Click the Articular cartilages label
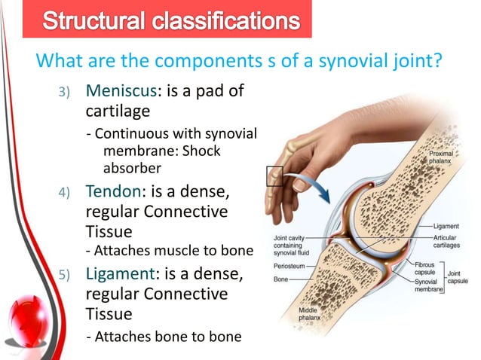click(452, 241)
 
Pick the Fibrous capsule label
click(429, 269)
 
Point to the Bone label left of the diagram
click(280, 280)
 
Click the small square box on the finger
click(274, 177)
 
